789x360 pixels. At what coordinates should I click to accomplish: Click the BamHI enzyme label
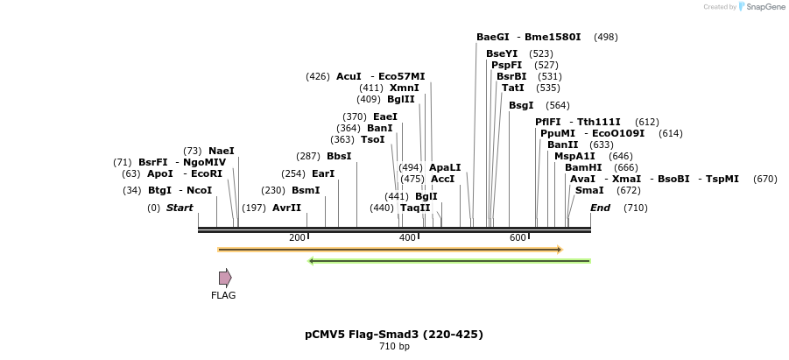(x=582, y=167)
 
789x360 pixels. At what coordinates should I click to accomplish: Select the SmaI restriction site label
(x=588, y=190)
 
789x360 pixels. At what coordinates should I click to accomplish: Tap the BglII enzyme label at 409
(x=400, y=99)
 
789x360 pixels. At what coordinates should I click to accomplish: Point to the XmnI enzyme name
(x=404, y=88)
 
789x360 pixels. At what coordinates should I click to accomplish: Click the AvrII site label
(x=286, y=208)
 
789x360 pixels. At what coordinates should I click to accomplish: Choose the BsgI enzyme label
(x=521, y=105)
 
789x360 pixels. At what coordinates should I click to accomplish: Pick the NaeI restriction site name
(x=221, y=151)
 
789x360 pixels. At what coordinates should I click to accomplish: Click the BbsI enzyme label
(x=339, y=156)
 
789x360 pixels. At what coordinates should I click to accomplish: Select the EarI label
(x=323, y=173)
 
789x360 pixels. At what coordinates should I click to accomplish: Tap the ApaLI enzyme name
(x=445, y=167)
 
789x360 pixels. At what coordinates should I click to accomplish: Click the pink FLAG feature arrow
(x=225, y=278)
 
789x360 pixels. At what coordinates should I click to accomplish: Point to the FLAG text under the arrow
(x=223, y=295)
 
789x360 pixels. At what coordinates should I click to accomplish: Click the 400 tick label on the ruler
(x=407, y=238)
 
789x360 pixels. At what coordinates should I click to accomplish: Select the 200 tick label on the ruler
(x=297, y=238)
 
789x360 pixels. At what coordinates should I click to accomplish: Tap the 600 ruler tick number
(x=518, y=238)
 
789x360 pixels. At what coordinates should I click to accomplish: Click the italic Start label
(x=180, y=208)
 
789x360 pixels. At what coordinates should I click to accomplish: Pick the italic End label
(x=600, y=208)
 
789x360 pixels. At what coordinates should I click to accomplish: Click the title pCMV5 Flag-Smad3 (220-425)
(x=394, y=334)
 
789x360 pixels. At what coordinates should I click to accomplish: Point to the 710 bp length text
(x=394, y=347)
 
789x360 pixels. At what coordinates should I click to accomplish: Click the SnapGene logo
(x=761, y=7)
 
